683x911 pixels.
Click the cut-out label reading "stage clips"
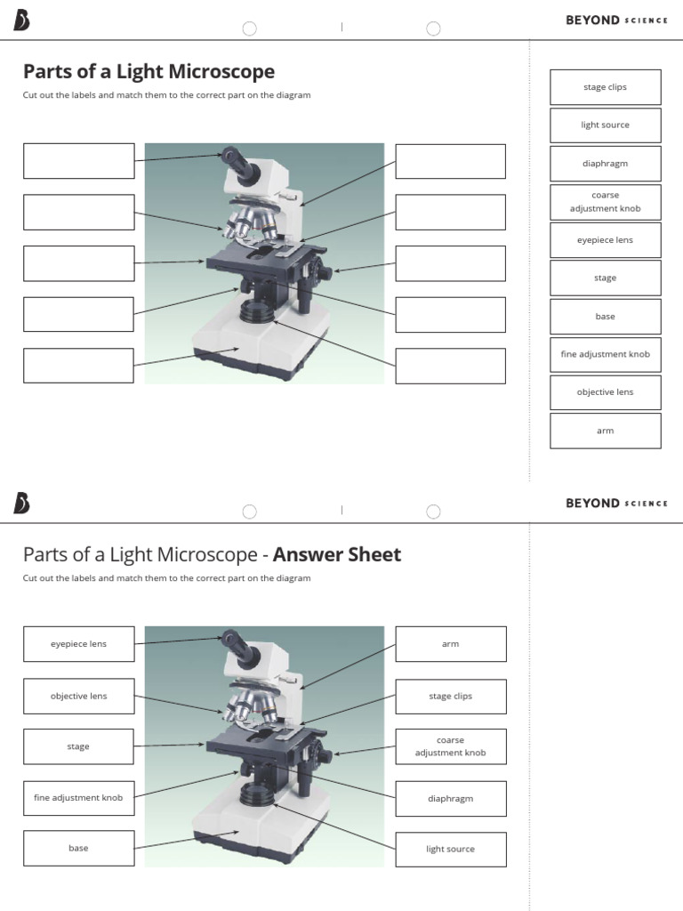[605, 87]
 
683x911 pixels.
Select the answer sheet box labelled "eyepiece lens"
[78, 643]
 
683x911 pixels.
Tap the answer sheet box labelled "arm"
[450, 643]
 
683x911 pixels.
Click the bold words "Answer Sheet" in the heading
[337, 555]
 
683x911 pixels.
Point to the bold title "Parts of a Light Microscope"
[149, 71]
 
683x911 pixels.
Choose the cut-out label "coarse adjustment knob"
[605, 202]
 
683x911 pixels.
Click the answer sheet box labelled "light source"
[450, 849]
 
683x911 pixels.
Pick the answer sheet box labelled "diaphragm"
[450, 798]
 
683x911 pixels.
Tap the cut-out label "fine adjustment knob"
[605, 354]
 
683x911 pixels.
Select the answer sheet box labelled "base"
[78, 848]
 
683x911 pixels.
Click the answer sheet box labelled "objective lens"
[78, 696]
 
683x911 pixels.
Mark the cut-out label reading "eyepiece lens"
[605, 240]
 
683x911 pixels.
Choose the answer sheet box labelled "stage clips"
[450, 696]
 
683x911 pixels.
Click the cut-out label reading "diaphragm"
[605, 164]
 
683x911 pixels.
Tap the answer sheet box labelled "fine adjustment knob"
[78, 798]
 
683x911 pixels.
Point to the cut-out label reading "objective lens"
[605, 392]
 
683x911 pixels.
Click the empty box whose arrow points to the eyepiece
[78, 160]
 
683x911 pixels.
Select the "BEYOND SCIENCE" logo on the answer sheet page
[615, 504]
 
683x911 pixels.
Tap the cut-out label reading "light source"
[605, 125]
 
